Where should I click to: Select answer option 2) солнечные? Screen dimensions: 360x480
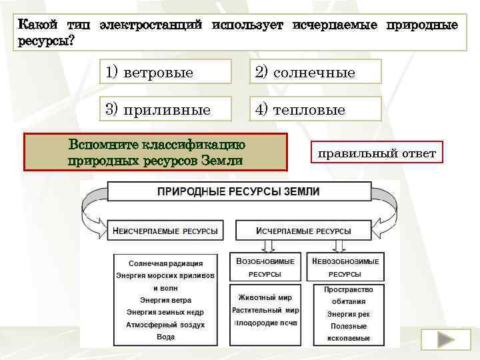[x=315, y=72]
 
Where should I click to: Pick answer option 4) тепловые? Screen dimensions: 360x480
[x=315, y=109]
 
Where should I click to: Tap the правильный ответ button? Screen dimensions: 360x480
[x=377, y=154]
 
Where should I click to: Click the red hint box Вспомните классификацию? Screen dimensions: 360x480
[x=155, y=152]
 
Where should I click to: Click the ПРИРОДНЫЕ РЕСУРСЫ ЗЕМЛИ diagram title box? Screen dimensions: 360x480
[x=239, y=192]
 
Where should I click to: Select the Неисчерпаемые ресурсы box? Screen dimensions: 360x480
[x=165, y=231]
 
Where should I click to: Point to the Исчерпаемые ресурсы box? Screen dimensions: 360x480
[x=304, y=231]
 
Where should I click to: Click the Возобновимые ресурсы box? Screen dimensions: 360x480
[x=265, y=267]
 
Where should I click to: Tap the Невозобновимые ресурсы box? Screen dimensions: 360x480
[x=345, y=267]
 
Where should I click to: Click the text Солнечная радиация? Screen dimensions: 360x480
[x=165, y=263]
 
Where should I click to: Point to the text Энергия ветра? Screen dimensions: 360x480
[x=165, y=300]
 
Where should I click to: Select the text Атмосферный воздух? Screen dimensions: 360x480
[x=165, y=325]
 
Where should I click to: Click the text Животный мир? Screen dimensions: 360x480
[x=265, y=298]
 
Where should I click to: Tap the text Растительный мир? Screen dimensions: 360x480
[x=265, y=311]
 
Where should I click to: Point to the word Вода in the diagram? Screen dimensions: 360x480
[x=165, y=337]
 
